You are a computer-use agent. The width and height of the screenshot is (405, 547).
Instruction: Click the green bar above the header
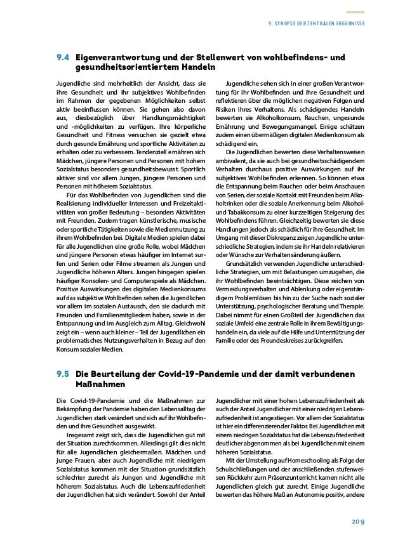click(355, 11)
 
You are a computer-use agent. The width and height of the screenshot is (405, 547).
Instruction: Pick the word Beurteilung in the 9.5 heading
click(119, 376)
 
